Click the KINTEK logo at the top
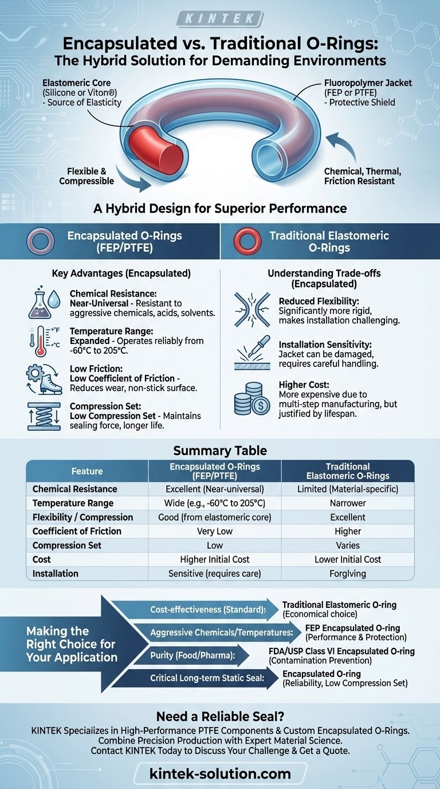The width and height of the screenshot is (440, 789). click(219, 19)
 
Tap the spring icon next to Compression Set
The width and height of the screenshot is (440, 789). click(43, 416)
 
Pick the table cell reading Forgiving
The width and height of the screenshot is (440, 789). click(347, 573)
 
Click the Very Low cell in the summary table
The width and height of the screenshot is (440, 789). click(214, 531)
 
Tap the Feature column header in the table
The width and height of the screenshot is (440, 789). click(87, 471)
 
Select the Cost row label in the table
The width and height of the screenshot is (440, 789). click(42, 559)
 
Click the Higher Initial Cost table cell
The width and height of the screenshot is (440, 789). click(214, 559)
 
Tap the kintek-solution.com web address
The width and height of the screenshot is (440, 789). click(219, 774)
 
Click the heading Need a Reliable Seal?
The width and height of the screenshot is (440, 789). click(219, 716)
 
